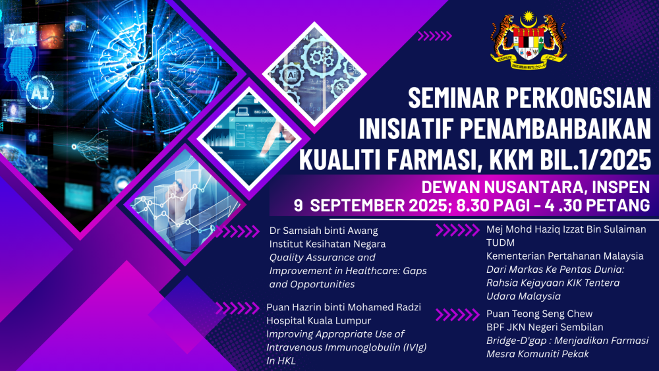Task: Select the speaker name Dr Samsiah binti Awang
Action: point(324,231)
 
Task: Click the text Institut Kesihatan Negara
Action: point(328,244)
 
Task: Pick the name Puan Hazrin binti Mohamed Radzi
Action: point(343,307)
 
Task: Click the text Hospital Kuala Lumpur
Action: point(318,320)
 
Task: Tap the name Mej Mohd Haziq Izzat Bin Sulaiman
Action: point(566,229)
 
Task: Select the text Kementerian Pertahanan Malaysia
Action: point(565,256)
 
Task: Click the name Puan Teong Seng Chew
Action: point(539,314)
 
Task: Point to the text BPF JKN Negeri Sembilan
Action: point(545,327)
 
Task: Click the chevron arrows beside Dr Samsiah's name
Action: point(237,231)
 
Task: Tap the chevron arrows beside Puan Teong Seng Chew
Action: point(457,315)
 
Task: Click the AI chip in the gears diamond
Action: point(291,76)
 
